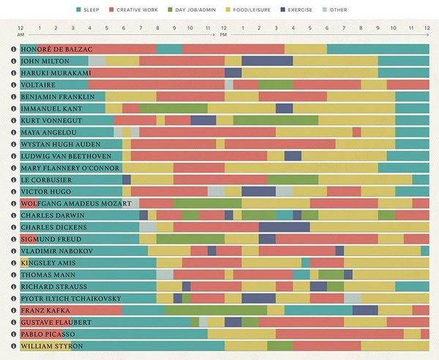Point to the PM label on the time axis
[x=223, y=34]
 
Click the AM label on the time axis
[x=20, y=34]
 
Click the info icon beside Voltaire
[x=13, y=85]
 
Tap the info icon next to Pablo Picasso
[x=13, y=334]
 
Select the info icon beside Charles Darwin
[x=13, y=216]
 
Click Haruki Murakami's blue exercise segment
[x=233, y=73]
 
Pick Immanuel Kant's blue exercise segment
[x=284, y=108]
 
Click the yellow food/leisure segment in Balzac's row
[x=305, y=49]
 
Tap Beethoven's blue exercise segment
[x=293, y=156]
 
